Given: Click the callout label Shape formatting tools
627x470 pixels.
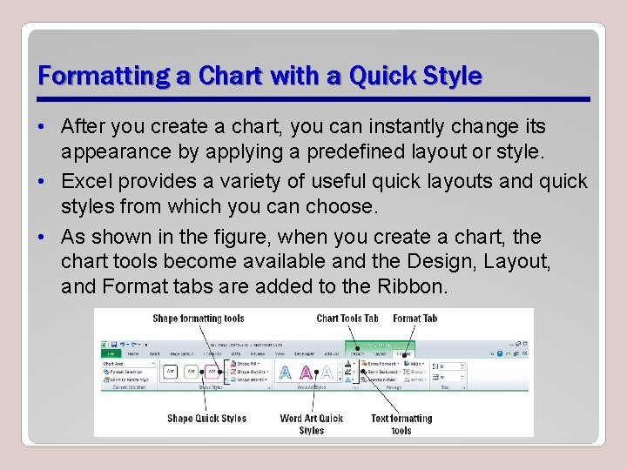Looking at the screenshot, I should pyautogui.click(x=199, y=319).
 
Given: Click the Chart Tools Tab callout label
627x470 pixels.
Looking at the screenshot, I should pyautogui.click(x=347, y=319).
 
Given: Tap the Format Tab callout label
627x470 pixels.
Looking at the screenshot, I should pyautogui.click(x=415, y=319).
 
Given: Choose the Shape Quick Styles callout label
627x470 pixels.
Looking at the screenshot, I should pyautogui.click(x=206, y=419).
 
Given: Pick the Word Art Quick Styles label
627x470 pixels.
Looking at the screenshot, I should pyautogui.click(x=311, y=424).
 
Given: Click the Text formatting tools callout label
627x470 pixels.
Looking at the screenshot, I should pyautogui.click(x=401, y=424).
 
